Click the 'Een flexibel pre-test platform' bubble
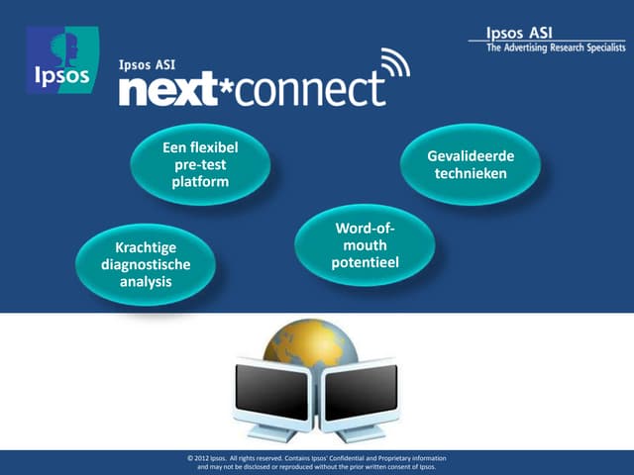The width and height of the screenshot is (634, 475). coord(200,165)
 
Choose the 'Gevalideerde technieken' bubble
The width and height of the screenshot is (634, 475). coord(470,165)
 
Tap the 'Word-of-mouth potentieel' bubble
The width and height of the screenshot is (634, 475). coord(365,247)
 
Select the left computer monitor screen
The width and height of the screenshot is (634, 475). coord(271,390)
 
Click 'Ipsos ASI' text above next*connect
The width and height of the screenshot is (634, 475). coord(147,65)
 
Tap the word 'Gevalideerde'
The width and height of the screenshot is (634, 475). coord(470,156)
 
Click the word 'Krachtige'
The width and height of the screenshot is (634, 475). coord(146,247)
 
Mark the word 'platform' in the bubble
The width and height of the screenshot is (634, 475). coord(200,182)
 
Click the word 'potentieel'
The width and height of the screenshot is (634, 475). coord(365,264)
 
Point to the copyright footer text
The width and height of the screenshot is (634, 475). coord(317,463)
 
